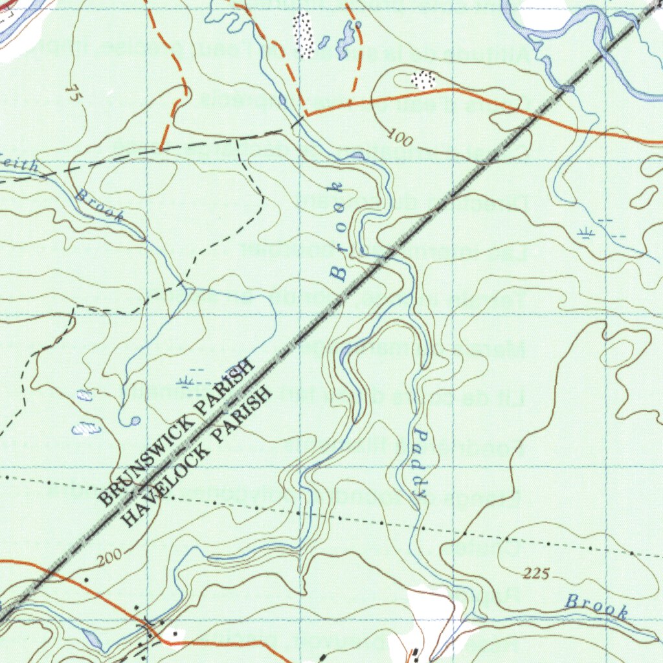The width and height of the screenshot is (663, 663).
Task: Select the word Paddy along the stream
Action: pos(420,462)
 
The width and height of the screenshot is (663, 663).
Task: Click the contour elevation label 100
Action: pos(399,137)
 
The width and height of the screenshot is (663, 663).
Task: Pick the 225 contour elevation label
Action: pos(537,573)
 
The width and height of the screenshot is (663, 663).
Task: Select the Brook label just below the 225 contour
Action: pos(596,606)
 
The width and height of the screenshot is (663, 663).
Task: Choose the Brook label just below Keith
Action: pos(100,205)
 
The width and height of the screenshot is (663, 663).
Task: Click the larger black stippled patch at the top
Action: pos(302,34)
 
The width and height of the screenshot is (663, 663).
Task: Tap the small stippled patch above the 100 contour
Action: pos(423,80)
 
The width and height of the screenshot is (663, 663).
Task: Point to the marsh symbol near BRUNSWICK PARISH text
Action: pos(190,381)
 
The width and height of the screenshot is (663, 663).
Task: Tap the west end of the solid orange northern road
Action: pos(307,115)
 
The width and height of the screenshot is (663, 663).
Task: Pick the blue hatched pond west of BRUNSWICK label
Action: pos(86,428)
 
